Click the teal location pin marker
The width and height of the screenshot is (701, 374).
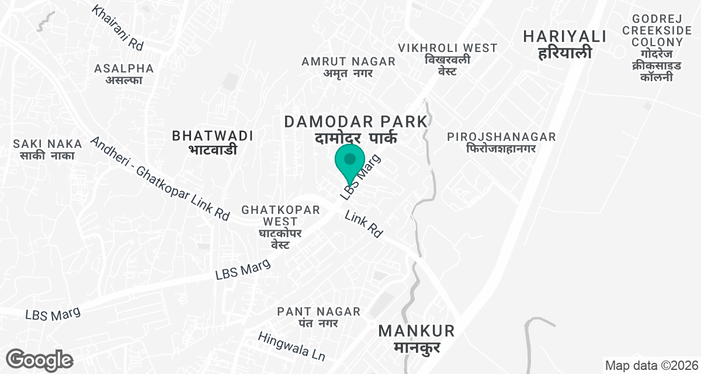tap(350, 162)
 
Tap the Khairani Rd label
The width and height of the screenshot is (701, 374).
tap(117, 27)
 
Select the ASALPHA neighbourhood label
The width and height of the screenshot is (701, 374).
tap(124, 74)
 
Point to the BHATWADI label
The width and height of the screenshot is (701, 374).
tap(213, 142)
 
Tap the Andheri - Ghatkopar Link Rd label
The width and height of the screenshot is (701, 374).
tap(159, 178)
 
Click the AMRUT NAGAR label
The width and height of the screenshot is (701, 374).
tap(348, 67)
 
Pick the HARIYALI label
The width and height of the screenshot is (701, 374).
tap(564, 44)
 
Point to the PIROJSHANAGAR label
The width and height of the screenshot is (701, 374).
tap(501, 142)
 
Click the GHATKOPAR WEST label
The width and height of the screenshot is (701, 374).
tap(273, 227)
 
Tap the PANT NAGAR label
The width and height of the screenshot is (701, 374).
tap(319, 316)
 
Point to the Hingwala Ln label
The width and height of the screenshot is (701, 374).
tap(291, 346)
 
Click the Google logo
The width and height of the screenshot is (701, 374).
tap(40, 359)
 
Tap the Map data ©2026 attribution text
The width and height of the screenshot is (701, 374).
tap(651, 365)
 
